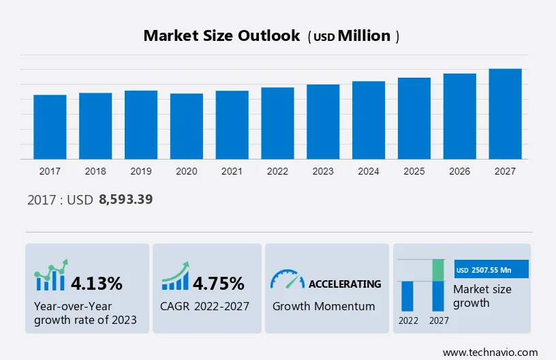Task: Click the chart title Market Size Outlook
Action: pyautogui.click(x=221, y=36)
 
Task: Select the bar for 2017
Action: pyautogui.click(x=50, y=127)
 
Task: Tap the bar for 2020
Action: pyautogui.click(x=187, y=126)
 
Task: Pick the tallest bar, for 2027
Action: pyautogui.click(x=505, y=114)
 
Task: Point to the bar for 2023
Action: pyautogui.click(x=323, y=122)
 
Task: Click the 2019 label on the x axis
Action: pyautogui.click(x=141, y=171)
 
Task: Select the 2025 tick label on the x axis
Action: pyautogui.click(x=414, y=171)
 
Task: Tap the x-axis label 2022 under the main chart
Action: pyautogui.click(x=277, y=171)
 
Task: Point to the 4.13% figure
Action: pyautogui.click(x=97, y=283)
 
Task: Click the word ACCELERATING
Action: pyautogui.click(x=345, y=284)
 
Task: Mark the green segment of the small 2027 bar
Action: pyautogui.click(x=438, y=270)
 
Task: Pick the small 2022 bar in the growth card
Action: pyautogui.click(x=407, y=295)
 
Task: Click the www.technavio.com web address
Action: pyautogui.click(x=490, y=352)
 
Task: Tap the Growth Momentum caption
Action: pyautogui.click(x=324, y=306)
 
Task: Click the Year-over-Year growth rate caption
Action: pyautogui.click(x=85, y=313)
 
